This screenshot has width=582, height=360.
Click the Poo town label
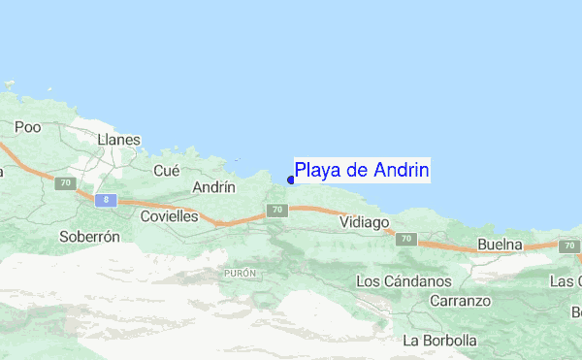[26, 127]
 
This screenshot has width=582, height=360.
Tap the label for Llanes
[119, 140]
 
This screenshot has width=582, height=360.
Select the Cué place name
[167, 170]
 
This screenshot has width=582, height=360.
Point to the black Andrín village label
[215, 187]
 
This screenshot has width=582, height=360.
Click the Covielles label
[169, 216]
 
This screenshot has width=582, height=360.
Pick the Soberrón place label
[89, 236]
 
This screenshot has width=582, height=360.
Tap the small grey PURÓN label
[239, 274]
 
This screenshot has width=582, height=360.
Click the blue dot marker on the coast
[291, 179]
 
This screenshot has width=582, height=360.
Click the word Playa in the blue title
[318, 171]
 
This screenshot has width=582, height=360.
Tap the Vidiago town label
[365, 222]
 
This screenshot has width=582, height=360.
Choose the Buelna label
[501, 245]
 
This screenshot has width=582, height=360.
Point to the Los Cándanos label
[404, 281]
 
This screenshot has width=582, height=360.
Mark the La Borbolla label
[440, 341]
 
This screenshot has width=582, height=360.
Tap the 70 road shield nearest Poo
[65, 181]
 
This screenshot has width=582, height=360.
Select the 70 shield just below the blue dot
[277, 210]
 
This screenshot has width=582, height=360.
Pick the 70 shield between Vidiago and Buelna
[405, 239]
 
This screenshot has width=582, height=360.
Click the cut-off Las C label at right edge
[566, 281]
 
